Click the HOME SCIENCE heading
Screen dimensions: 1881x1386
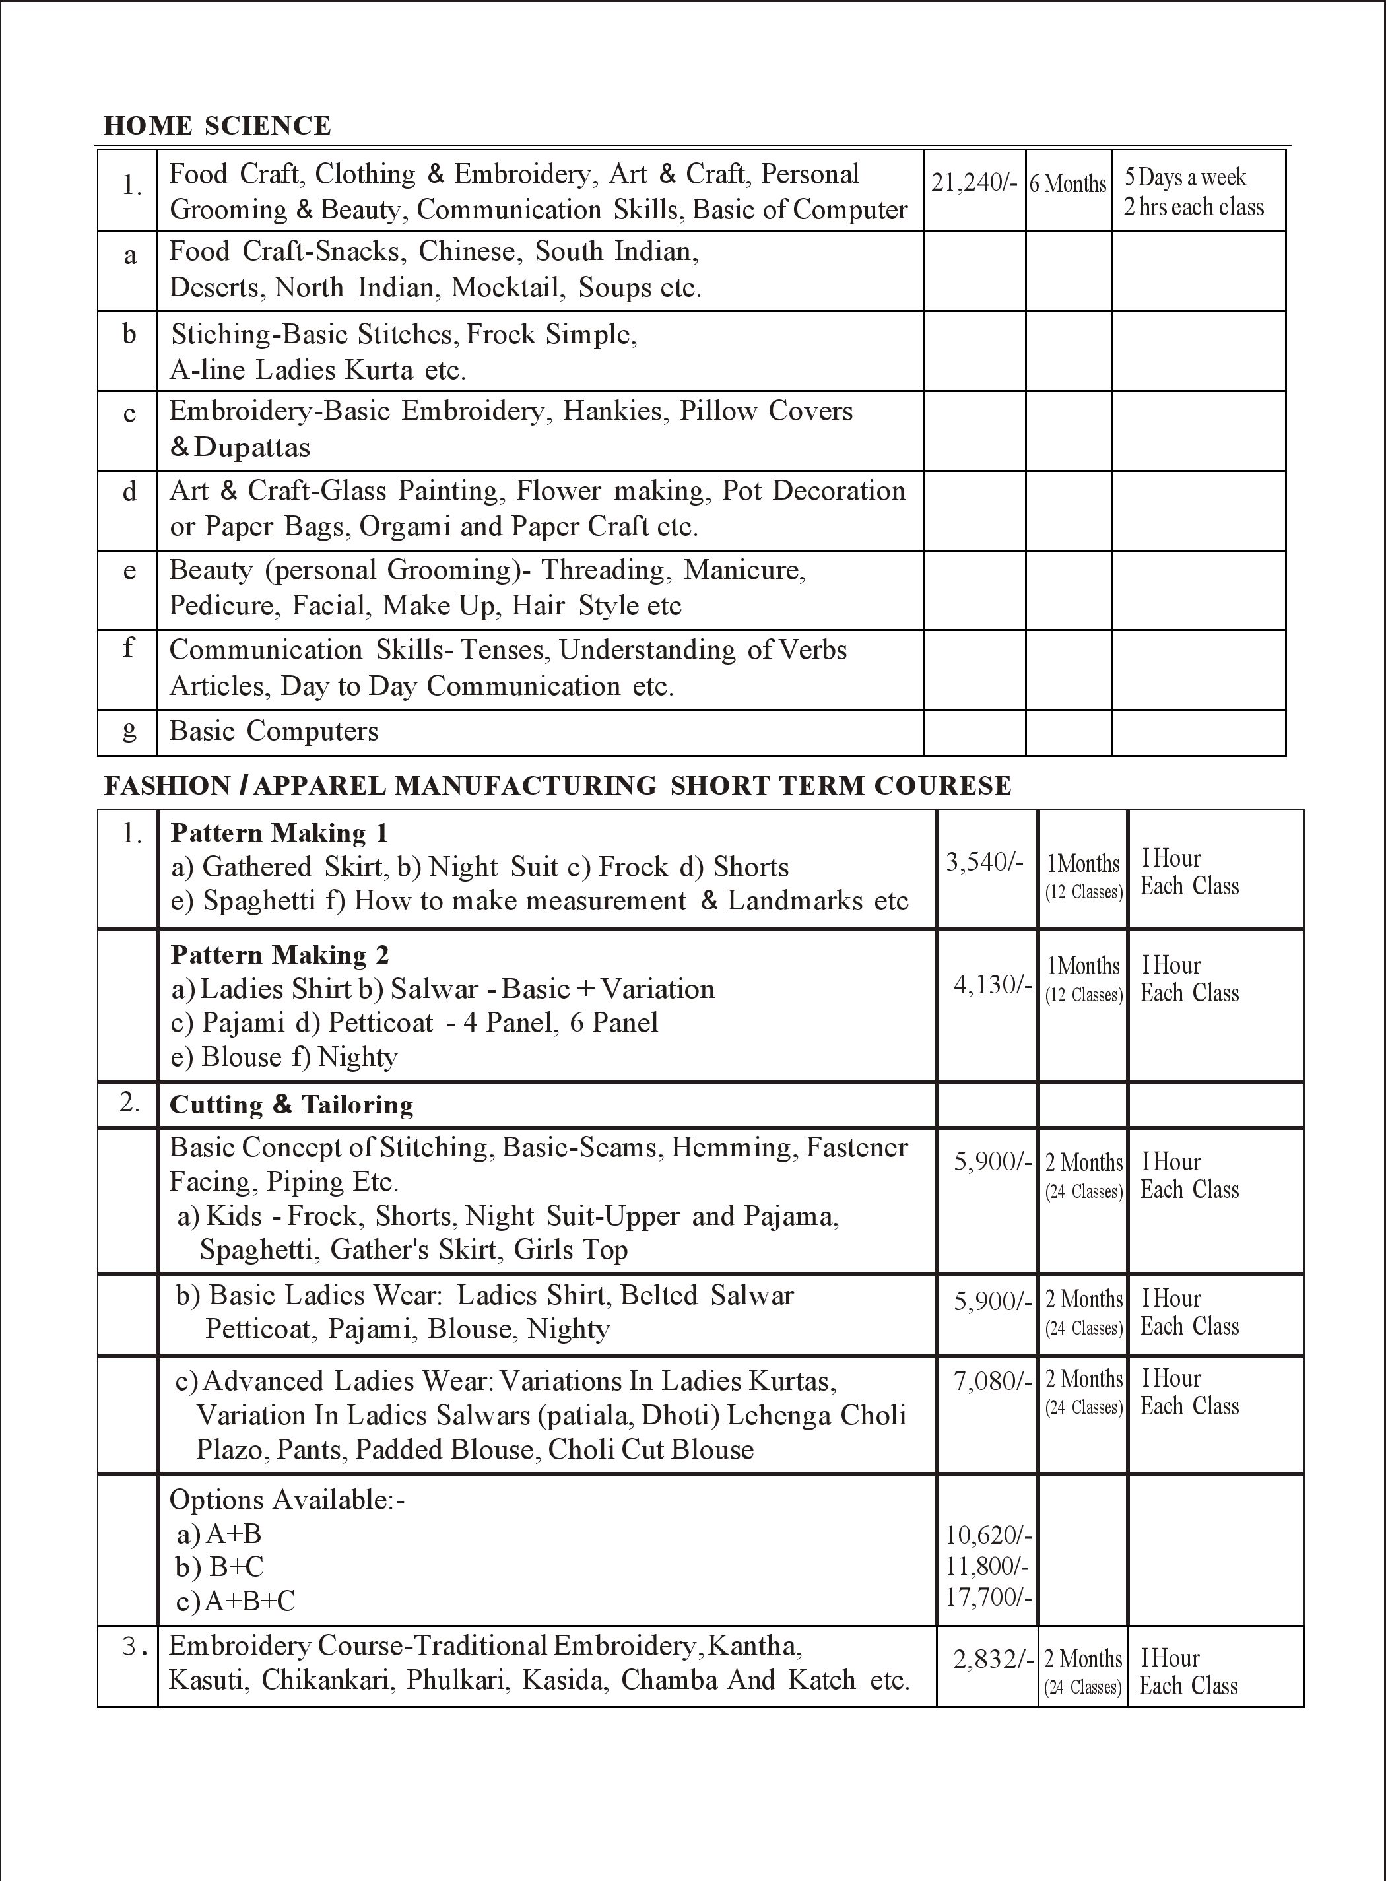click(x=216, y=126)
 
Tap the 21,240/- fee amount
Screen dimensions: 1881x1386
click(x=974, y=182)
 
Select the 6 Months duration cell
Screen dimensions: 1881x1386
click(x=1068, y=183)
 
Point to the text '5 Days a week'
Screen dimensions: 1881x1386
click(x=1185, y=177)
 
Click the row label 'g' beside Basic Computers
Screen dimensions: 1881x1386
click(x=129, y=729)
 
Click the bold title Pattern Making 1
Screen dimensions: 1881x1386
click(x=279, y=832)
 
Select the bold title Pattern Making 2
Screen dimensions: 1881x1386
click(x=279, y=955)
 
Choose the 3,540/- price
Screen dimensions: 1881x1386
click(x=984, y=862)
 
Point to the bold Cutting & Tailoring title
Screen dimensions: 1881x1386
click(x=291, y=1105)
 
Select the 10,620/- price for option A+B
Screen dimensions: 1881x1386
click(x=988, y=1534)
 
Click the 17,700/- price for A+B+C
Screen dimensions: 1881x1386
click(x=988, y=1597)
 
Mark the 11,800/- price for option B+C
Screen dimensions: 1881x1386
click(x=988, y=1566)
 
